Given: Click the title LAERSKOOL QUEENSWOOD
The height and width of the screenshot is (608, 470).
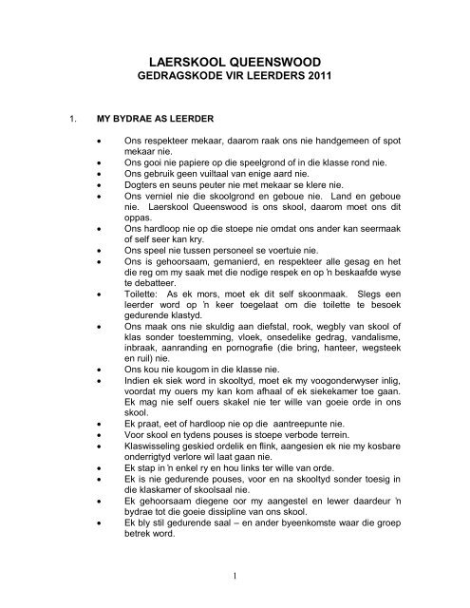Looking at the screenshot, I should coord(235,59).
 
